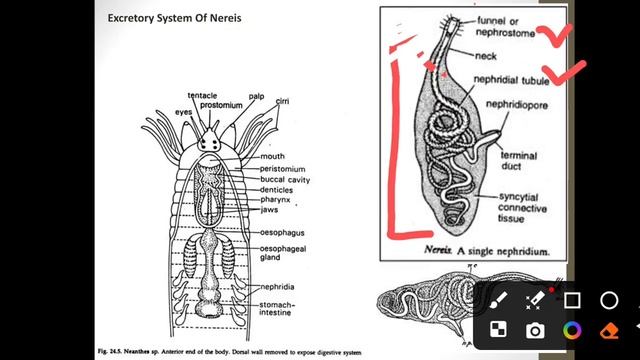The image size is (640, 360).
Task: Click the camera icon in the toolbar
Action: (x=535, y=330)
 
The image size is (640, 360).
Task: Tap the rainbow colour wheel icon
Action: (x=572, y=330)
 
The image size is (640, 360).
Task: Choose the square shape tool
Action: (x=572, y=299)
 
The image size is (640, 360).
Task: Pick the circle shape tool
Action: (x=609, y=299)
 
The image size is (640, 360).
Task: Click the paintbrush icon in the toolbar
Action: (x=498, y=299)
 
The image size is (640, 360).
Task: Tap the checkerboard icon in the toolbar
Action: (x=498, y=330)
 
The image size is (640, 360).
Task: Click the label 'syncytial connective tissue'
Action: (x=527, y=208)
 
